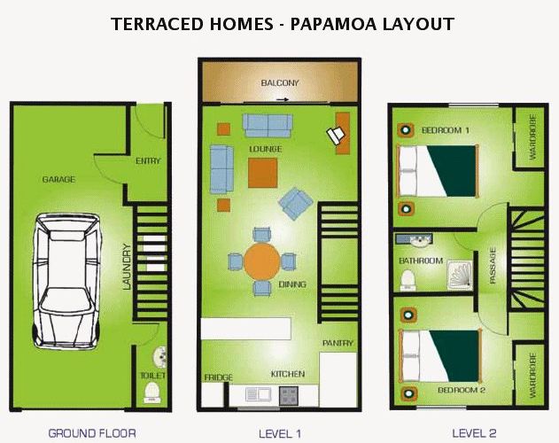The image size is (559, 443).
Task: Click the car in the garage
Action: pos(66,281)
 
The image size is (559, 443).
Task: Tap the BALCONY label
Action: pos(280,83)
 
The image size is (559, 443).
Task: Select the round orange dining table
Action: pos(262,261)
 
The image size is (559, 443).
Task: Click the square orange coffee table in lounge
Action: pos(263,173)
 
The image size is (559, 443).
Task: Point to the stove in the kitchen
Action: pos(289,396)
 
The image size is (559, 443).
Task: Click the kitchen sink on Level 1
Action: pos(259,394)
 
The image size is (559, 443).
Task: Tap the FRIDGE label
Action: pos(219,377)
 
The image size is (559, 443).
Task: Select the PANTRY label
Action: pos(338,343)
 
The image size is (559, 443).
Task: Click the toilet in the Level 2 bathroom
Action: pos(408,280)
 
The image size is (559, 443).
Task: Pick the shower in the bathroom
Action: pos(461,276)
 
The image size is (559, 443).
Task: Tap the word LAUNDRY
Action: pos(127,267)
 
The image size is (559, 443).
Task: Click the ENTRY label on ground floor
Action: pos(148,161)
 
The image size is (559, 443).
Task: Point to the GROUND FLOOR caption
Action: pos(92,433)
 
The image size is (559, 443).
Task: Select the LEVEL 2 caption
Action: pos(474,433)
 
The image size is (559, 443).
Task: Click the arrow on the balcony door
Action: pos(283,100)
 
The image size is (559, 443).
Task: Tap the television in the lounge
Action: pos(336,136)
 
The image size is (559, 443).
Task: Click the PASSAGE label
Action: pos(493,266)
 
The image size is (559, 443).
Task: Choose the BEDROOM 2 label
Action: pos(462,390)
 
